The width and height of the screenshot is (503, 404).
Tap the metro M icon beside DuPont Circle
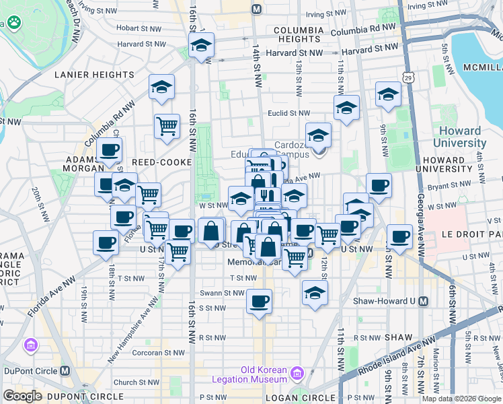tap(65, 370)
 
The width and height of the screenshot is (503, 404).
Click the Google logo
tap(22, 395)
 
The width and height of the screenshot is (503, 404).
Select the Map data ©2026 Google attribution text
tap(461, 399)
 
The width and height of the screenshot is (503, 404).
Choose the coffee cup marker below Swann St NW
tap(259, 301)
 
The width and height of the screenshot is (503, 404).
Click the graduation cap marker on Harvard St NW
tap(201, 46)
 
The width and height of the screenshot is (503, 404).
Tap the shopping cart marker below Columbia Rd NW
tap(167, 126)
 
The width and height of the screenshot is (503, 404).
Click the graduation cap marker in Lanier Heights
tap(161, 88)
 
